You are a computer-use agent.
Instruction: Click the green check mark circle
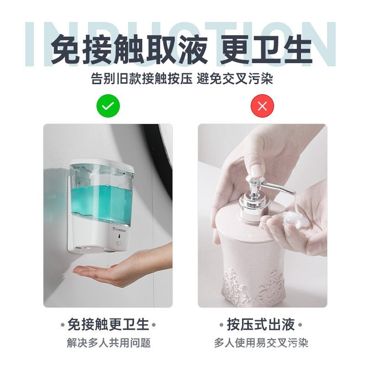pos(108,106)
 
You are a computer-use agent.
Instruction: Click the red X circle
pos(262,106)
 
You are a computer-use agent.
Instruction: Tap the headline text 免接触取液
pos(129,49)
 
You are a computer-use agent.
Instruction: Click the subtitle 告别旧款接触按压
pos(142,78)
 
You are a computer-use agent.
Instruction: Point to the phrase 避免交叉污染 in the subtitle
pos(235,78)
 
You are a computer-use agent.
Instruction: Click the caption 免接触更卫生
pos(108,324)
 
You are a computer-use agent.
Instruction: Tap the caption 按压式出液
pos(261,324)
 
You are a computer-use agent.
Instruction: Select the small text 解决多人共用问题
pos(108,343)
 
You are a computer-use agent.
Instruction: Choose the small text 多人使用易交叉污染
pos(261,343)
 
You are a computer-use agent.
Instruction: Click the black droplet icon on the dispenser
pos(119,236)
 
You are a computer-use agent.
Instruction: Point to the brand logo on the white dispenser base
pos(120,230)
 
